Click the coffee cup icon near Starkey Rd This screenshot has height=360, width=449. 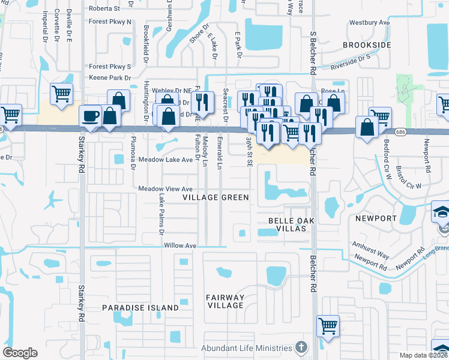pyautogui.click(x=91, y=115)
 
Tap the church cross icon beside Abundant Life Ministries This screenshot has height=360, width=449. pyautogui.click(x=301, y=348)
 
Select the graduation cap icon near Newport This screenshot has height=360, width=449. pyautogui.click(x=442, y=211)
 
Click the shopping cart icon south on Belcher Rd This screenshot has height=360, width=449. pyautogui.click(x=328, y=326)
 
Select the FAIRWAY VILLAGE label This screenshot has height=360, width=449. pyautogui.click(x=225, y=301)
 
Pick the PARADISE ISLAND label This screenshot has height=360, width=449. pyautogui.click(x=140, y=308)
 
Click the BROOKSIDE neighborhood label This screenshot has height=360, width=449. pyautogui.click(x=367, y=45)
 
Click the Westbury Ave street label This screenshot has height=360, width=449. pyautogui.click(x=369, y=23)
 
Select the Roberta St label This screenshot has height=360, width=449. pyautogui.click(x=109, y=8)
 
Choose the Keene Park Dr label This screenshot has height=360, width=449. pyautogui.click(x=110, y=78)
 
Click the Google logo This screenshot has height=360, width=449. pyautogui.click(x=20, y=353)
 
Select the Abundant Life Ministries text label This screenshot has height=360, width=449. pyautogui.click(x=247, y=348)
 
